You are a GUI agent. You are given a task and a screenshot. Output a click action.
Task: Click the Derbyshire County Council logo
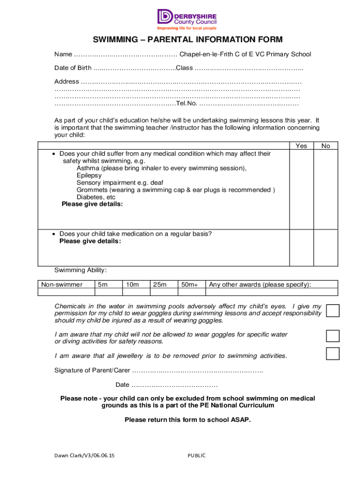pyautogui.click(x=187, y=19)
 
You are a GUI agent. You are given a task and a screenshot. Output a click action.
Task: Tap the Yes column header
pyautogui.click(x=302, y=146)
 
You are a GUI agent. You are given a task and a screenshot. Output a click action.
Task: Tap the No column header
pyautogui.click(x=326, y=146)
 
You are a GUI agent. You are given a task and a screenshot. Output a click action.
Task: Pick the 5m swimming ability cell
pyautogui.click(x=102, y=284)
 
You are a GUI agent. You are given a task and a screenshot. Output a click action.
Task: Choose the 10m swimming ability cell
pyautogui.click(x=132, y=284)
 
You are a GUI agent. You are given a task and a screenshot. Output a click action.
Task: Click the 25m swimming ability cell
pyautogui.click(x=160, y=284)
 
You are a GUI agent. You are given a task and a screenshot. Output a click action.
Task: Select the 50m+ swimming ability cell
pyautogui.click(x=189, y=284)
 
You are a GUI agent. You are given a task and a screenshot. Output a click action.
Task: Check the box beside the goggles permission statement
pyautogui.click(x=332, y=311)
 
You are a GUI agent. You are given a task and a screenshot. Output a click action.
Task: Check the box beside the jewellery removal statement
pyautogui.click(x=332, y=354)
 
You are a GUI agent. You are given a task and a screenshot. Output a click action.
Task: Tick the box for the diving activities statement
pyautogui.click(x=332, y=336)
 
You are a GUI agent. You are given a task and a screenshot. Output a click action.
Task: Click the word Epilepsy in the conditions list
pyautogui.click(x=89, y=175)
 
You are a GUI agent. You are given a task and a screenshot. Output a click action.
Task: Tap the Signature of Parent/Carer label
pyautogui.click(x=92, y=370)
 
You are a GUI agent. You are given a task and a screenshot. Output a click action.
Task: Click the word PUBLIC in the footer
pyautogui.click(x=196, y=456)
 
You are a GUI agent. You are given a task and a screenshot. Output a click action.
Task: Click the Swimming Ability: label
pyautogui.click(x=80, y=270)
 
